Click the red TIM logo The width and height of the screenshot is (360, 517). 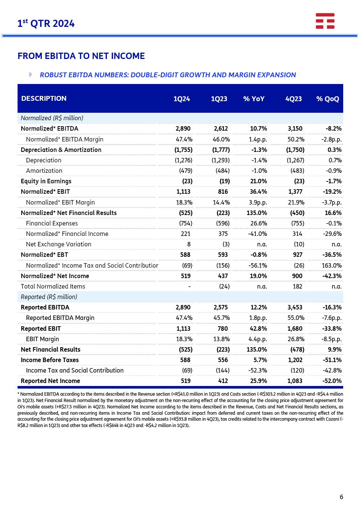point(325,21)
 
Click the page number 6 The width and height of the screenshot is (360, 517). point(341,497)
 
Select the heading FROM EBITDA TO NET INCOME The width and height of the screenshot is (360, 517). point(81,56)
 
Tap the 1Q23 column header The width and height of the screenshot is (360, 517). point(219,99)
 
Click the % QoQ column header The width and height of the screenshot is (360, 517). point(328,99)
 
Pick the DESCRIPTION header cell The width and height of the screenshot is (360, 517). point(44,99)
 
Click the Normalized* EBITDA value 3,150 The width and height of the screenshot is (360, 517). point(295,128)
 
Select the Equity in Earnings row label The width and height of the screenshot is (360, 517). point(46,181)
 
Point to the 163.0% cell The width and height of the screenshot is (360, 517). point(332,265)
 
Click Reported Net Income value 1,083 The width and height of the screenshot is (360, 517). point(295,381)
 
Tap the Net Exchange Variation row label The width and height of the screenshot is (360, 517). point(58,244)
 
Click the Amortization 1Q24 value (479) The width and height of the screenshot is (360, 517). point(186,171)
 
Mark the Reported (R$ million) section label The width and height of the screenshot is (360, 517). point(49,297)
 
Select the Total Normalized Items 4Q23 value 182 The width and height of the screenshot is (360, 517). point(297,286)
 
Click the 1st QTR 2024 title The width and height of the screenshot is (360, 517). point(46,24)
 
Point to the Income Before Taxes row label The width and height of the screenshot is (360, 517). point(50,360)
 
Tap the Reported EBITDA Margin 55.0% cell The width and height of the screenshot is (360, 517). point(296,318)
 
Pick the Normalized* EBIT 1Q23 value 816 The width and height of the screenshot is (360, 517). point(223,191)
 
